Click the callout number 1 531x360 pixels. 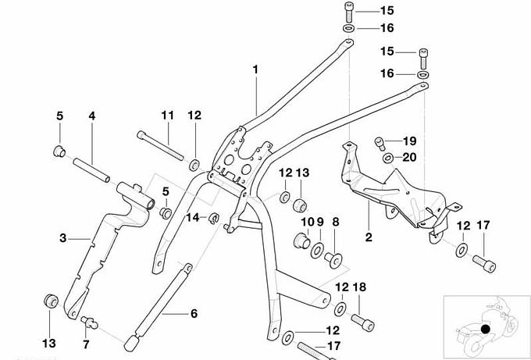[x=255, y=70]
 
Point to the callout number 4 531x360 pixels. [x=91, y=116]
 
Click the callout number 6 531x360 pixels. [x=193, y=314]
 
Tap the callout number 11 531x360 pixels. [x=166, y=116]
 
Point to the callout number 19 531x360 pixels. [x=410, y=141]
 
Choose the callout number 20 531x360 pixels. [x=410, y=158]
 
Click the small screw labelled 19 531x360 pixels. [x=381, y=142]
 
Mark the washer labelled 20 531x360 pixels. [x=388, y=159]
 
